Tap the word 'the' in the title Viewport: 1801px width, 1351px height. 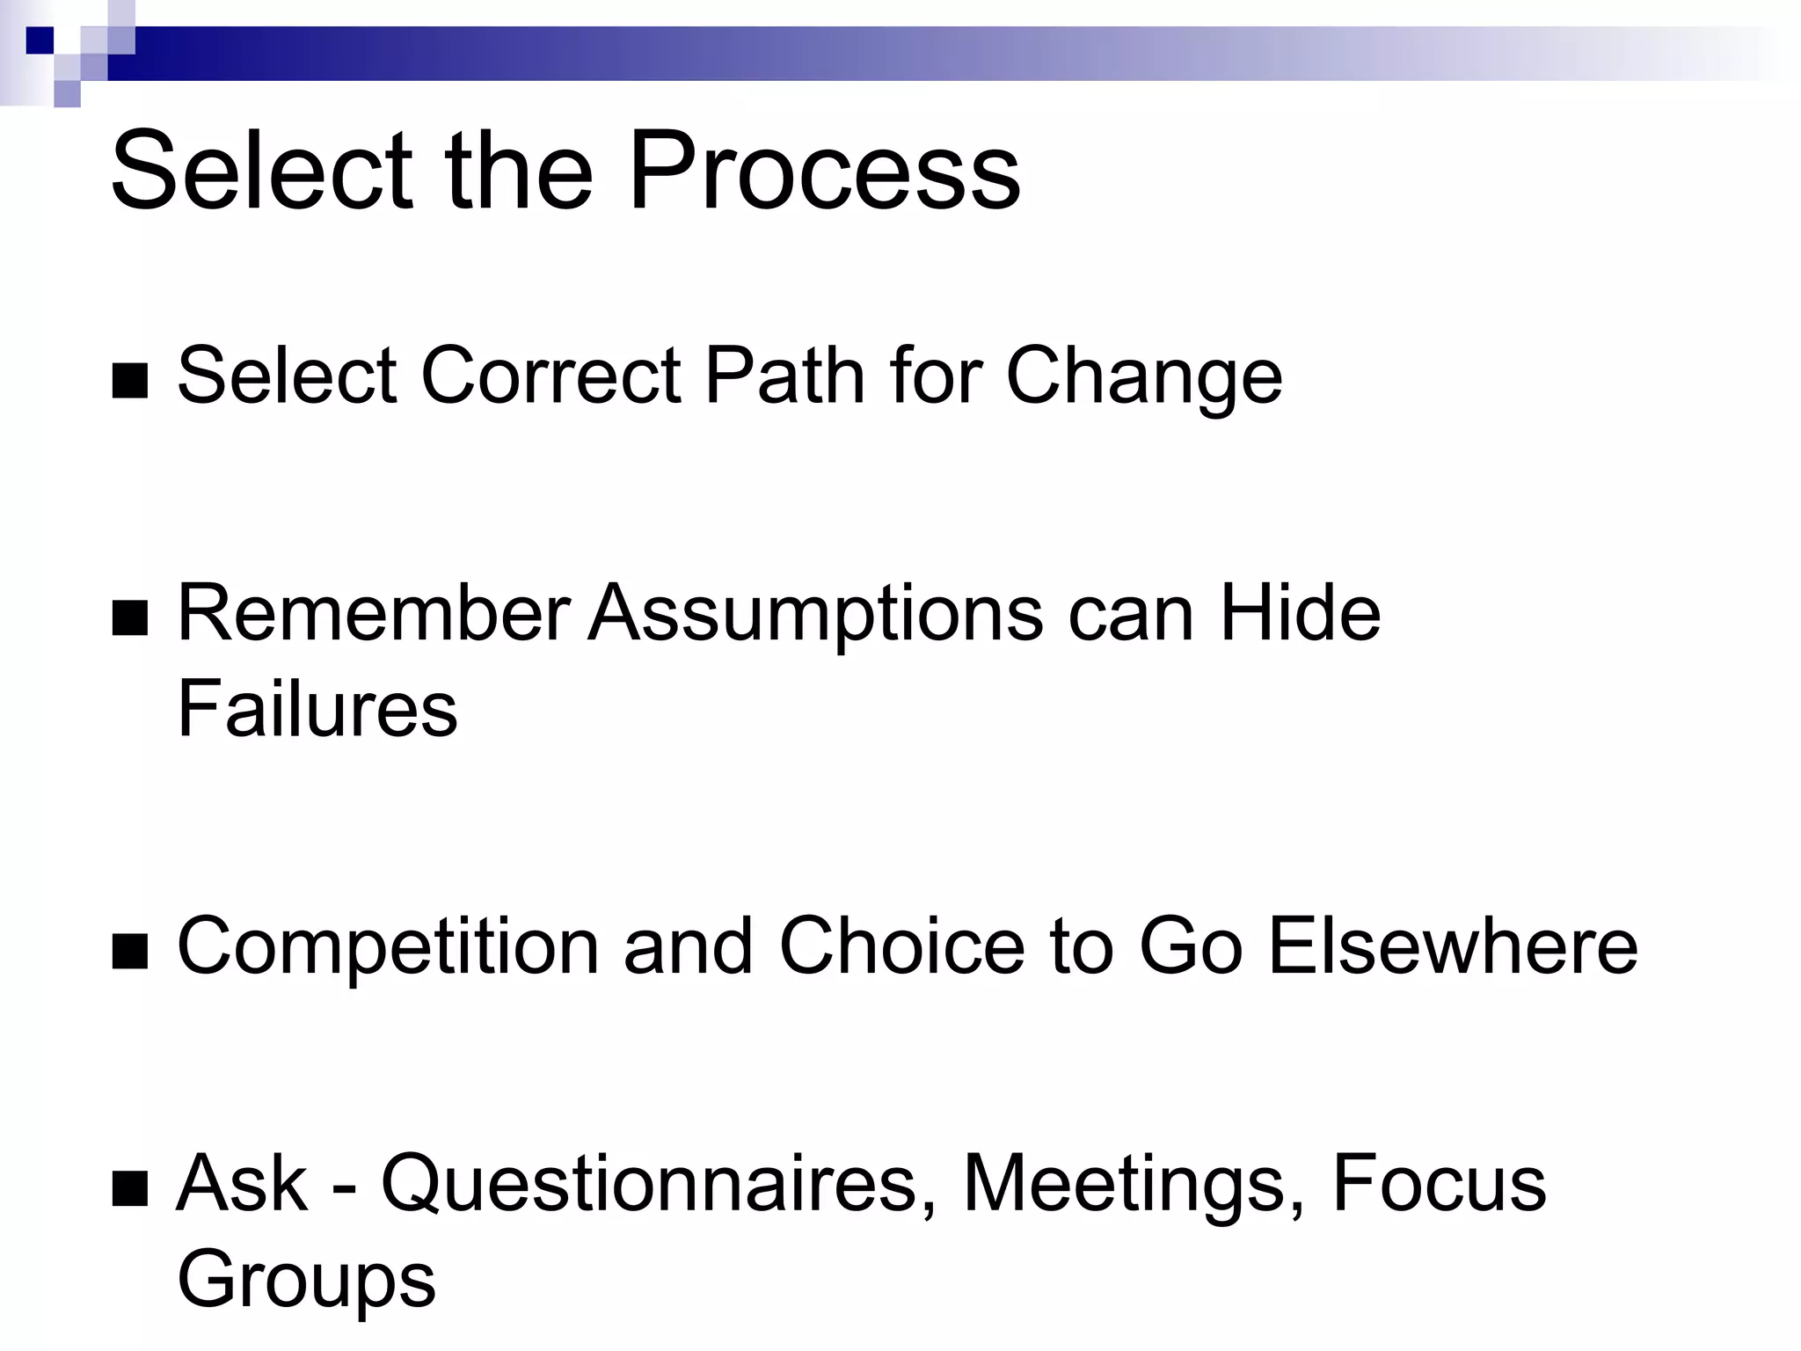click(x=519, y=172)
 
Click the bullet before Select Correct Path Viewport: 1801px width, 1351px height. click(x=130, y=381)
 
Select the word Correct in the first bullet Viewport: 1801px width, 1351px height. click(x=551, y=376)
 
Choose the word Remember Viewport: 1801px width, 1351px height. click(x=374, y=613)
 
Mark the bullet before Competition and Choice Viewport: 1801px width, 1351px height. click(x=130, y=952)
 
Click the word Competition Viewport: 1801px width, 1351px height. click(x=388, y=946)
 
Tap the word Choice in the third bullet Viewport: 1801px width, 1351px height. click(x=901, y=946)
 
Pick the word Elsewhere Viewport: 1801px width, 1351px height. click(x=1453, y=946)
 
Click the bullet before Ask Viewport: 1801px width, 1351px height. click(x=130, y=1189)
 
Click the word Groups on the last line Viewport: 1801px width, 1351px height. click(x=306, y=1281)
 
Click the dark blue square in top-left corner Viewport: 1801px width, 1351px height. click(x=40, y=40)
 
